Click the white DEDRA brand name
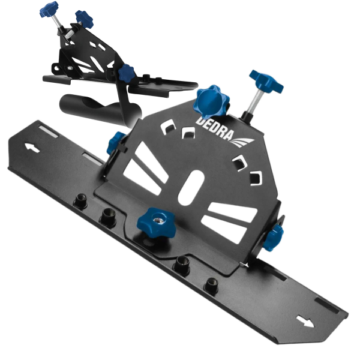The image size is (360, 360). point(215,129)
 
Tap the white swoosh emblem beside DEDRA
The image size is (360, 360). point(243,142)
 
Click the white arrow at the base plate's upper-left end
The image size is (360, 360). point(32,148)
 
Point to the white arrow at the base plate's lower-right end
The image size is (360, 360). point(305,321)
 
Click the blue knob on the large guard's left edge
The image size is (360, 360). point(115,143)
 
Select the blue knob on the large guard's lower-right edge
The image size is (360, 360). point(273,238)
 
